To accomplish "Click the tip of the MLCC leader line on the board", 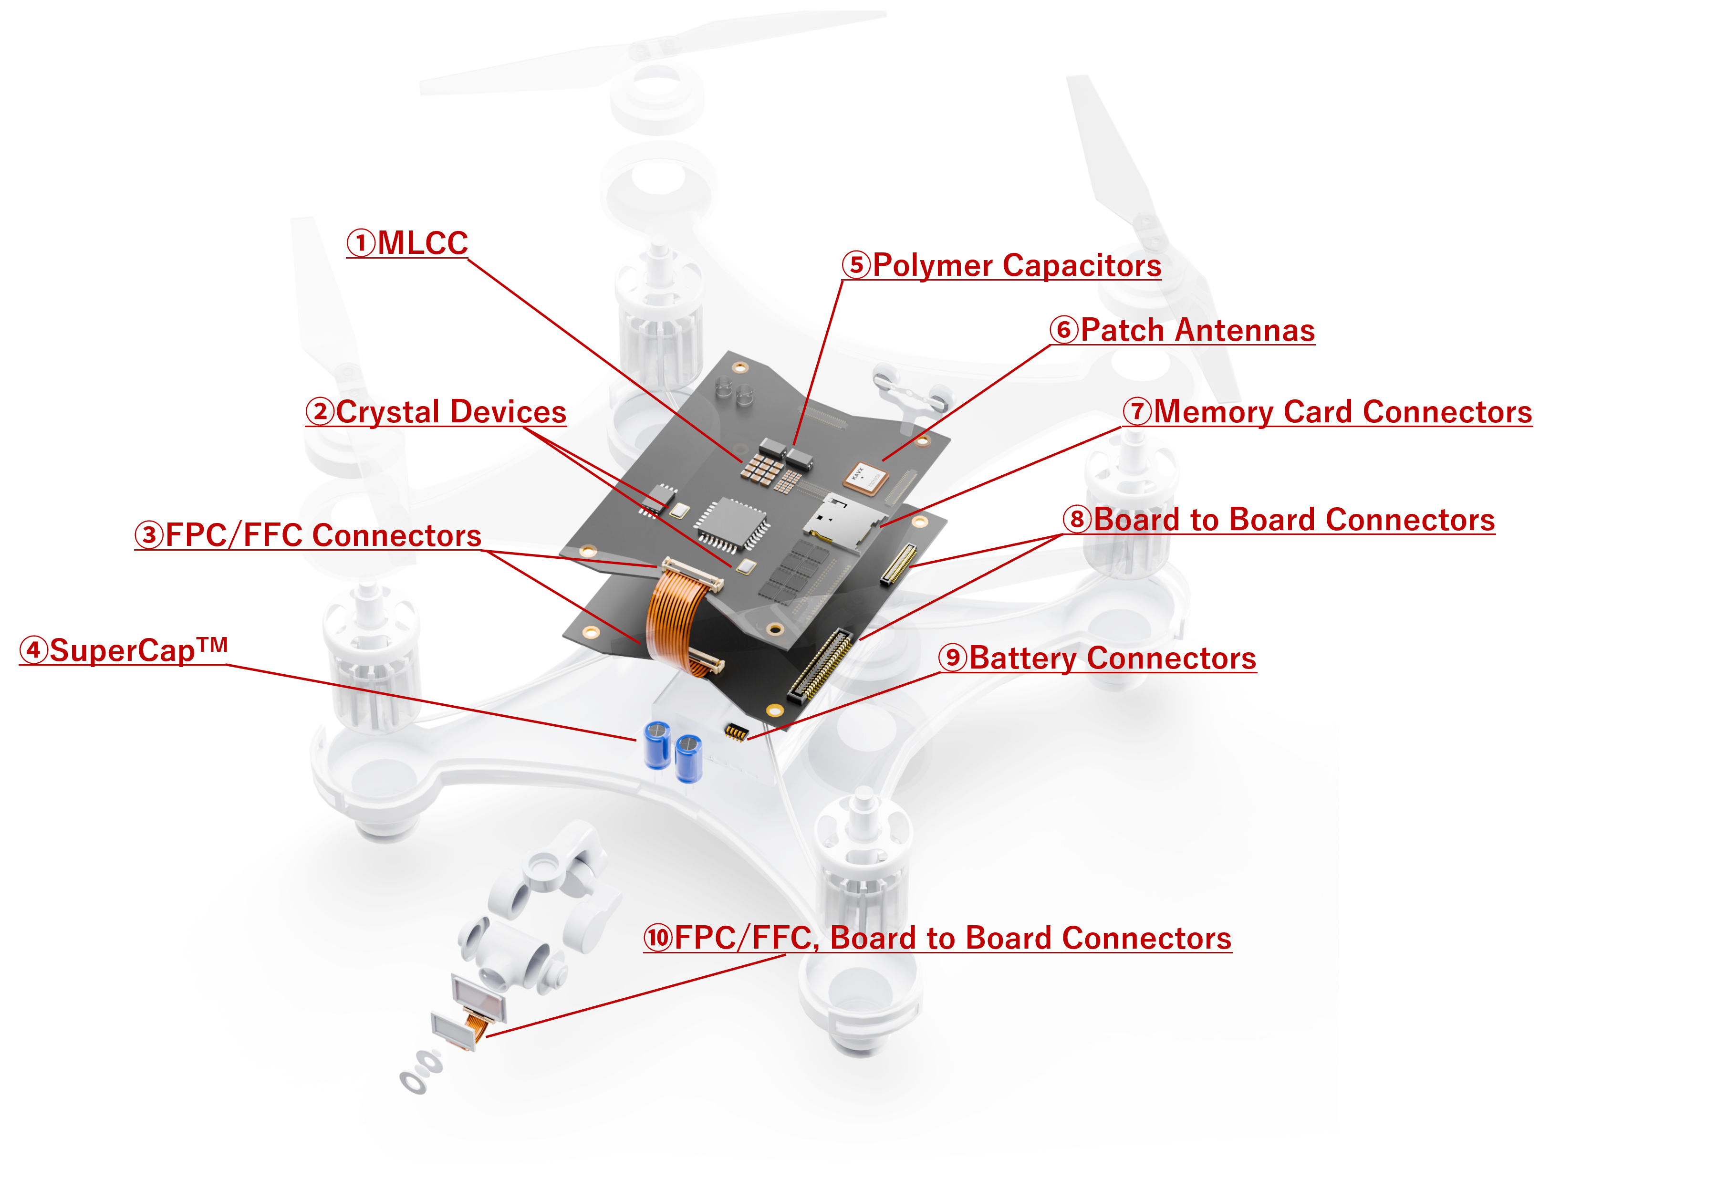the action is click(x=741, y=461).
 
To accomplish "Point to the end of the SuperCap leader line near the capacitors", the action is click(x=636, y=740).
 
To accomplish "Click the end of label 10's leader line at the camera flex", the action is click(x=487, y=1036).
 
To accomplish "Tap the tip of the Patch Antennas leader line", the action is click(x=883, y=461).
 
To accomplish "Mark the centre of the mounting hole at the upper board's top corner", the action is click(x=740, y=367).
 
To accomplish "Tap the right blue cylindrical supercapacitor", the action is click(x=689, y=758).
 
